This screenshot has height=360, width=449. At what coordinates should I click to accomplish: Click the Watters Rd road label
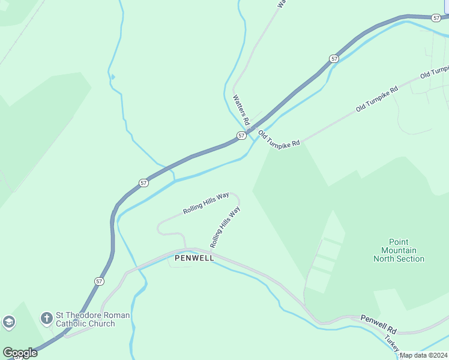[242, 109]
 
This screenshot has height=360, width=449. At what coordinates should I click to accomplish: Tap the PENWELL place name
[194, 258]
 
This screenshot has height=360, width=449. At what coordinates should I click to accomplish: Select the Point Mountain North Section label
[399, 250]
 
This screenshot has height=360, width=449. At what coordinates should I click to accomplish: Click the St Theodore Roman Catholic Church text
[92, 319]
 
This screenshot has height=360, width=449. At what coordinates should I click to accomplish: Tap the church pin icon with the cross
[46, 317]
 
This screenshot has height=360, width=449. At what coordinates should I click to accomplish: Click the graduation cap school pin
[8, 322]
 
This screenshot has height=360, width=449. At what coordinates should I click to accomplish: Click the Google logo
[20, 353]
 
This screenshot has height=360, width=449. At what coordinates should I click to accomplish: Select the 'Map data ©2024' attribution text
[423, 355]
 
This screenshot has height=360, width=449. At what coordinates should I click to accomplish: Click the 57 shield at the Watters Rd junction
[241, 136]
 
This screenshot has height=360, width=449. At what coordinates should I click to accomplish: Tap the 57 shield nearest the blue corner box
[436, 19]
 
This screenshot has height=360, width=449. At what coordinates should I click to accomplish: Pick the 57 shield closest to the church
[98, 281]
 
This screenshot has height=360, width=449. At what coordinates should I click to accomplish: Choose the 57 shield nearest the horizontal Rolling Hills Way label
[143, 182]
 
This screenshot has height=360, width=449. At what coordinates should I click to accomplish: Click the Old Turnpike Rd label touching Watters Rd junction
[279, 137]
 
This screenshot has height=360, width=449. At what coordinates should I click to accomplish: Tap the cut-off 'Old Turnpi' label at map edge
[434, 73]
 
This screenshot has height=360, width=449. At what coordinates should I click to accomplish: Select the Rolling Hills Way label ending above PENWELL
[225, 228]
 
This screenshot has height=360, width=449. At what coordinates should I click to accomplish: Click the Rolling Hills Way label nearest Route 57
[206, 203]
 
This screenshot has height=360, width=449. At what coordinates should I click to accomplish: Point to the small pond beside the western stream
[112, 76]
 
